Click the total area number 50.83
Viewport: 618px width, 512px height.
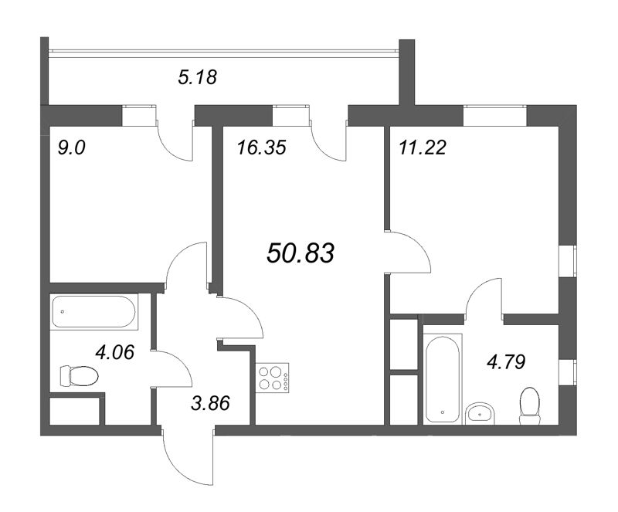click(301, 253)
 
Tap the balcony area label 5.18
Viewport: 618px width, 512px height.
click(197, 77)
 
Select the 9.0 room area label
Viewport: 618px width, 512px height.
click(71, 148)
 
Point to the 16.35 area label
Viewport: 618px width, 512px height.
click(261, 147)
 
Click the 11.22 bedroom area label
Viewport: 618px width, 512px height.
click(423, 147)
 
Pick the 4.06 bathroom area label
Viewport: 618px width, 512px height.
click(115, 352)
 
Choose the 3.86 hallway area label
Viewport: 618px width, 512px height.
click(210, 403)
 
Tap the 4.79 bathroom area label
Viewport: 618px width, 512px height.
click(507, 362)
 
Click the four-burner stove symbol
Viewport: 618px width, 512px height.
click(273, 378)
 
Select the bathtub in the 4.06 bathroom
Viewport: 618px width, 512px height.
click(94, 311)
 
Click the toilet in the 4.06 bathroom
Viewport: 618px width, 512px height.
click(79, 375)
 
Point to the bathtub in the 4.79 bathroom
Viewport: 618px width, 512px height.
click(443, 378)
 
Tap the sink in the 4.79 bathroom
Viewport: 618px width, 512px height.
click(479, 413)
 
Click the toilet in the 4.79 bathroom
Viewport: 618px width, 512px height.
click(530, 406)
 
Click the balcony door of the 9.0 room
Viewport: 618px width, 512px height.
click(176, 139)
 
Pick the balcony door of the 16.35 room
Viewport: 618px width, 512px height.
click(330, 139)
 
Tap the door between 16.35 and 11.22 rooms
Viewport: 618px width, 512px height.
click(409, 252)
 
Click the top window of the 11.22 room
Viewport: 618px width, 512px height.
click(494, 116)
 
